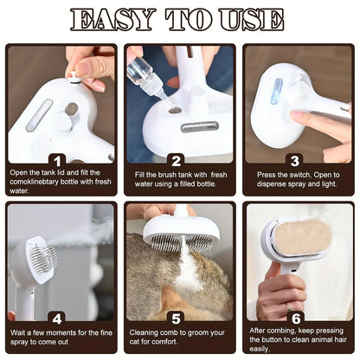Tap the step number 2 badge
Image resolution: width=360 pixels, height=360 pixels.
(177, 160)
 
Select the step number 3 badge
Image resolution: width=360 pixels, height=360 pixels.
(295, 160)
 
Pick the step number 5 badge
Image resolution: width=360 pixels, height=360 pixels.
(177, 318)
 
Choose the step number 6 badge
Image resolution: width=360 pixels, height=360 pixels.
(295, 318)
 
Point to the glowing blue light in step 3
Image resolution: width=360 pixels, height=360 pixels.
(276, 90)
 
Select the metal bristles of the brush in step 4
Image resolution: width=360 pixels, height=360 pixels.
(43, 257)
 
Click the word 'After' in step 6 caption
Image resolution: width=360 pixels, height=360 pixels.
(260, 329)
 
